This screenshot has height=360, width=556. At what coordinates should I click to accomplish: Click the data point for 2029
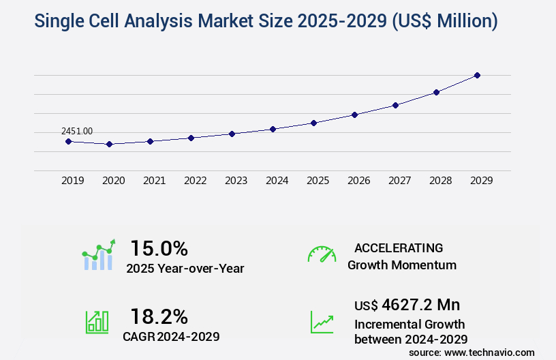tap(477, 75)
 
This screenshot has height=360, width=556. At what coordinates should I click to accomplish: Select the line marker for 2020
tap(109, 144)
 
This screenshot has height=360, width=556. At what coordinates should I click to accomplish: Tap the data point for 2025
tap(313, 123)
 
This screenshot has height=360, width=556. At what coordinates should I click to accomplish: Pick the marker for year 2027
tap(395, 105)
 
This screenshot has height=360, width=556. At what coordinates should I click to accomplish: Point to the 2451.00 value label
tap(77, 131)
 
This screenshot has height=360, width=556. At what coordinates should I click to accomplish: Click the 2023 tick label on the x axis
tap(236, 181)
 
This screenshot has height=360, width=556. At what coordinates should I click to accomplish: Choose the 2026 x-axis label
tap(358, 181)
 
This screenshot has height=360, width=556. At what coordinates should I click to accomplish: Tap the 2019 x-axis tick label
tap(72, 181)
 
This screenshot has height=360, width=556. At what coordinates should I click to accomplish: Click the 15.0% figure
tap(159, 248)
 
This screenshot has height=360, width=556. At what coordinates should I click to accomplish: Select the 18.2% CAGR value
tap(159, 316)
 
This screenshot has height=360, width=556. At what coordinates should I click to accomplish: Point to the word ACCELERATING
tap(399, 248)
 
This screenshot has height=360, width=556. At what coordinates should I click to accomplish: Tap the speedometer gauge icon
tap(322, 254)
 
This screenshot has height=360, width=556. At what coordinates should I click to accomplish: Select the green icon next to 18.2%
tap(97, 322)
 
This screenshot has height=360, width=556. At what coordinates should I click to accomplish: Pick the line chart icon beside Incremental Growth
tap(322, 322)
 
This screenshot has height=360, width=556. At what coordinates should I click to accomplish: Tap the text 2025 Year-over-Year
tap(185, 269)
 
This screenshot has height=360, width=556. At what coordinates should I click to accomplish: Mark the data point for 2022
tap(191, 138)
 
